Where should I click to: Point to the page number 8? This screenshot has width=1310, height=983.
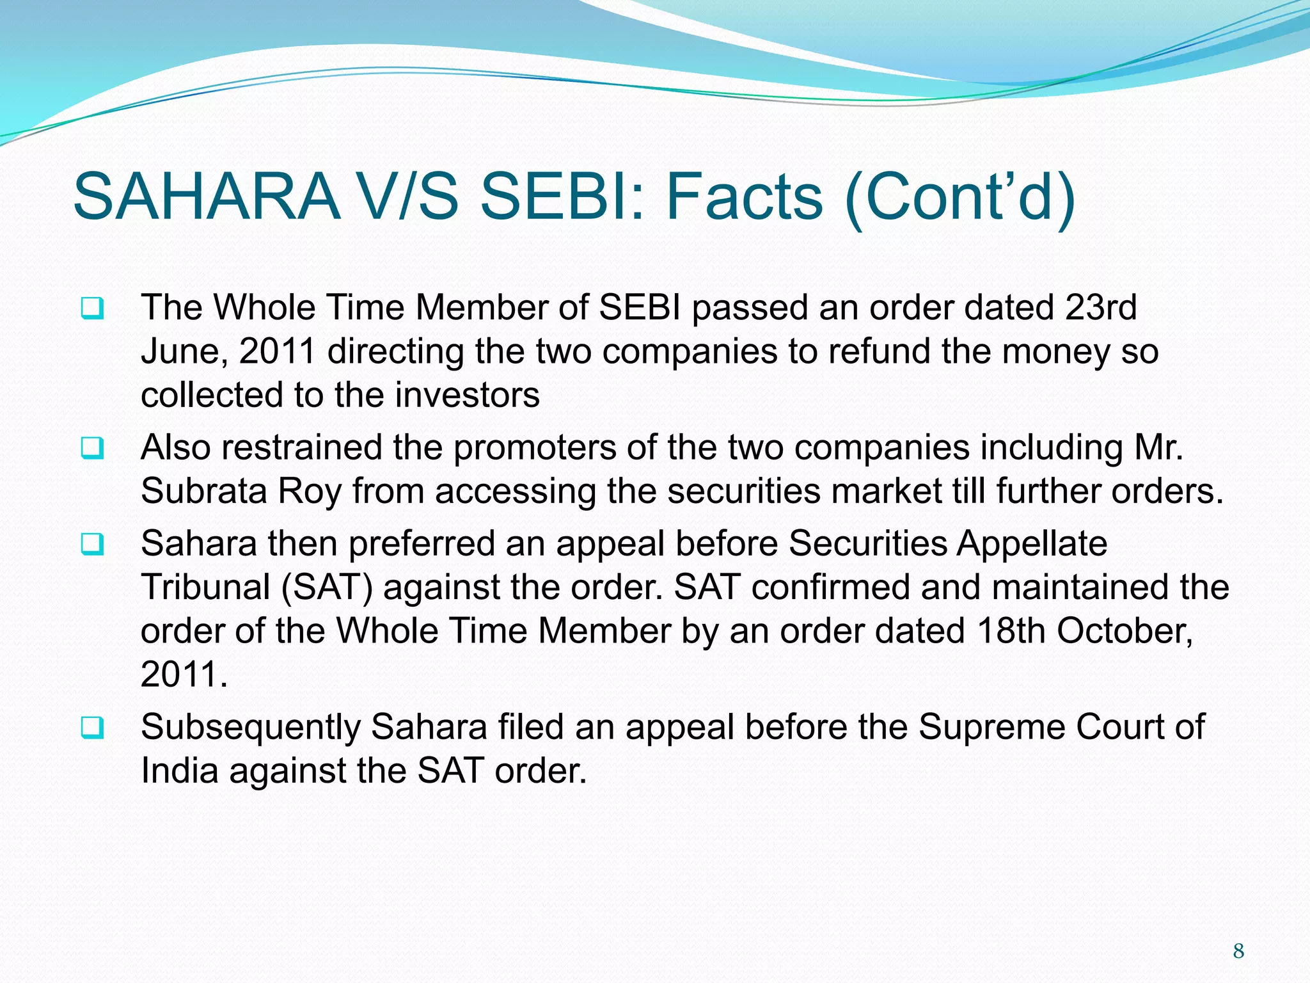tap(1238, 951)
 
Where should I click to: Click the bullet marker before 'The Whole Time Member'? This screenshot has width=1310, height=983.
tap(92, 309)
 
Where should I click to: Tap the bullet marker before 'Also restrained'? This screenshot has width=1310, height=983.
tap(92, 449)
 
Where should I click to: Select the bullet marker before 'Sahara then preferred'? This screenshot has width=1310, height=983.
tap(92, 545)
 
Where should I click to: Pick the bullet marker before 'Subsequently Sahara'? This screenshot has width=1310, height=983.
tap(92, 728)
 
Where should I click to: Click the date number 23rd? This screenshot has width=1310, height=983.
tap(1101, 308)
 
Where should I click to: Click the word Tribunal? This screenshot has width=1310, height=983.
tap(206, 587)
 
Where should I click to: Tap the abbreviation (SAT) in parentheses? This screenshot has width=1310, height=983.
tap(327, 587)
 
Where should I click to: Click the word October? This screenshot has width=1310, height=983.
tap(1124, 631)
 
